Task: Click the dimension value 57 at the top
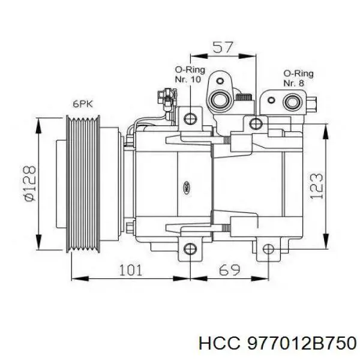[223, 47]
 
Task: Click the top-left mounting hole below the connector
[191, 118]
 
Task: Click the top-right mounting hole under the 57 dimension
[256, 124]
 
